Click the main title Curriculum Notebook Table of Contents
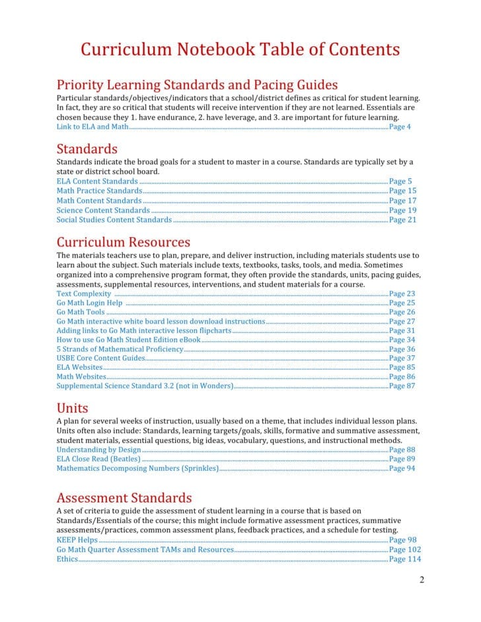click(x=240, y=50)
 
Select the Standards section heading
click(x=87, y=148)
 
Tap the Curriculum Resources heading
click(x=123, y=242)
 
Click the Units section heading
click(x=72, y=407)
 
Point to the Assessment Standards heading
click(x=124, y=497)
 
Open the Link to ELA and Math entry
click(x=92, y=127)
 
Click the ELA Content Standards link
click(x=97, y=181)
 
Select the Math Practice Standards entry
click(x=99, y=191)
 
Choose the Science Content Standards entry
click(x=103, y=211)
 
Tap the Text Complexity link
click(x=83, y=293)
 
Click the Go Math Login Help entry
click(x=89, y=303)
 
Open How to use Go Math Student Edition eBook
click(x=128, y=339)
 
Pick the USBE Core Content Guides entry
click(x=100, y=358)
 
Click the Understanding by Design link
click(x=98, y=450)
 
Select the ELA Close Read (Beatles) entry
click(x=98, y=459)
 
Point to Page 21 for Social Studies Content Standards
click(x=402, y=220)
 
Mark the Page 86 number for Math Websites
click(x=402, y=376)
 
